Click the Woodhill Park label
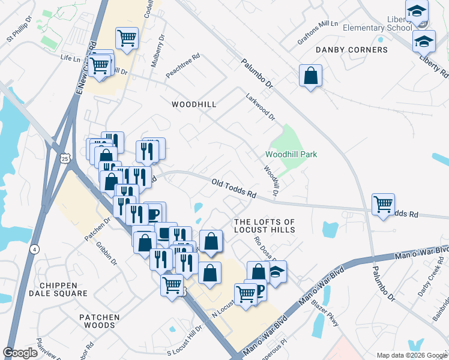(291, 154)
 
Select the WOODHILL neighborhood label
(193, 104)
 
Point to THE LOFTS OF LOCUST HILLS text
(264, 226)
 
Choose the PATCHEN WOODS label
(99, 321)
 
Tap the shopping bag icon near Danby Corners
(311, 76)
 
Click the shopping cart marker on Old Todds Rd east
(383, 204)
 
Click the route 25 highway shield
(65, 157)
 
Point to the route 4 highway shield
(35, 248)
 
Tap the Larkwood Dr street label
(259, 106)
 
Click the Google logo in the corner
(20, 352)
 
